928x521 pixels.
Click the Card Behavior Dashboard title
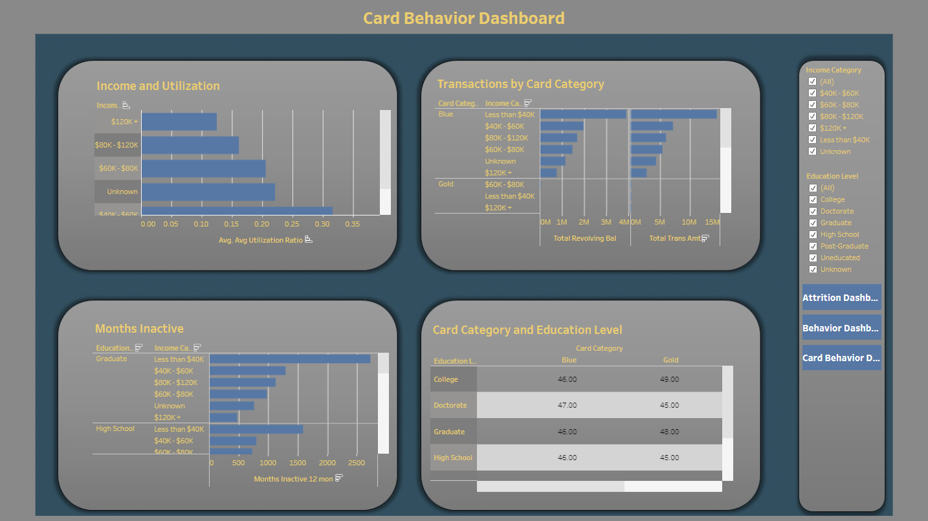[x=463, y=18]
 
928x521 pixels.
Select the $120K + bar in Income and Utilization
[x=179, y=122]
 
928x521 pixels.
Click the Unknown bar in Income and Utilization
[x=208, y=192]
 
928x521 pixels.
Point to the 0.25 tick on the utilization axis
[x=293, y=224]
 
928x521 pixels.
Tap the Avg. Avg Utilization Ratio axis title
[x=261, y=240]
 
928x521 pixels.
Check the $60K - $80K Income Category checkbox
[x=812, y=105]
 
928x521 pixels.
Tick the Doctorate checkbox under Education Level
[x=812, y=211]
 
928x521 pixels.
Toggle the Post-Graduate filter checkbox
[x=812, y=246]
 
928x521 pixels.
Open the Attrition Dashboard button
[x=841, y=298]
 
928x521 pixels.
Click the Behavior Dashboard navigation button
[x=841, y=328]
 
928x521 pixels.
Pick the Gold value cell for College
[x=669, y=379]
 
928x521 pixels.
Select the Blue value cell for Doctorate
[x=567, y=405]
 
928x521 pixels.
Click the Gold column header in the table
[x=670, y=360]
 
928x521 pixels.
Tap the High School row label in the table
[x=453, y=458]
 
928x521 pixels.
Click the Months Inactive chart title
[x=139, y=329]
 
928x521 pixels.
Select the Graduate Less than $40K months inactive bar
[x=290, y=359]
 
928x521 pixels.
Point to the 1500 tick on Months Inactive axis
[x=297, y=463]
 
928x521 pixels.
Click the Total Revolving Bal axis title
[x=584, y=238]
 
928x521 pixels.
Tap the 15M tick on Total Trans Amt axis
[x=712, y=222]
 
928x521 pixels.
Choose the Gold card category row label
[x=446, y=184]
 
